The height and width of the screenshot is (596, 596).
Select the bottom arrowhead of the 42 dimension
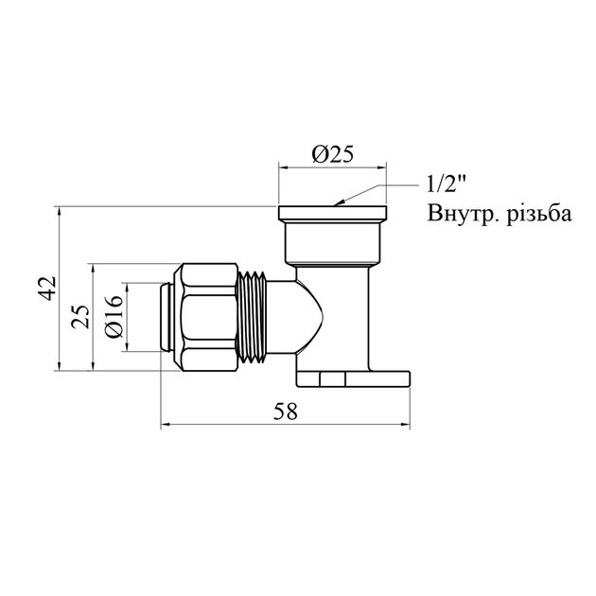tap(61, 367)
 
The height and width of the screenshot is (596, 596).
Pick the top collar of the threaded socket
tap(332, 213)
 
